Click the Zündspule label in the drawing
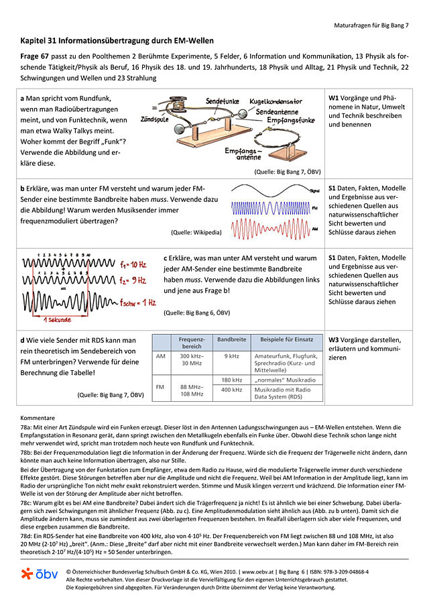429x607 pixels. tap(154, 119)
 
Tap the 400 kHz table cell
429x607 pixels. tap(231, 390)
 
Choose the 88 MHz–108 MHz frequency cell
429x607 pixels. tap(192, 390)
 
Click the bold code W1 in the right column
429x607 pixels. tap(334, 98)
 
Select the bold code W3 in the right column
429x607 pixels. tap(334, 339)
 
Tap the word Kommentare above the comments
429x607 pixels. tap(38, 417)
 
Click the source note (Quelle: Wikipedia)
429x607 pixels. tap(196, 233)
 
